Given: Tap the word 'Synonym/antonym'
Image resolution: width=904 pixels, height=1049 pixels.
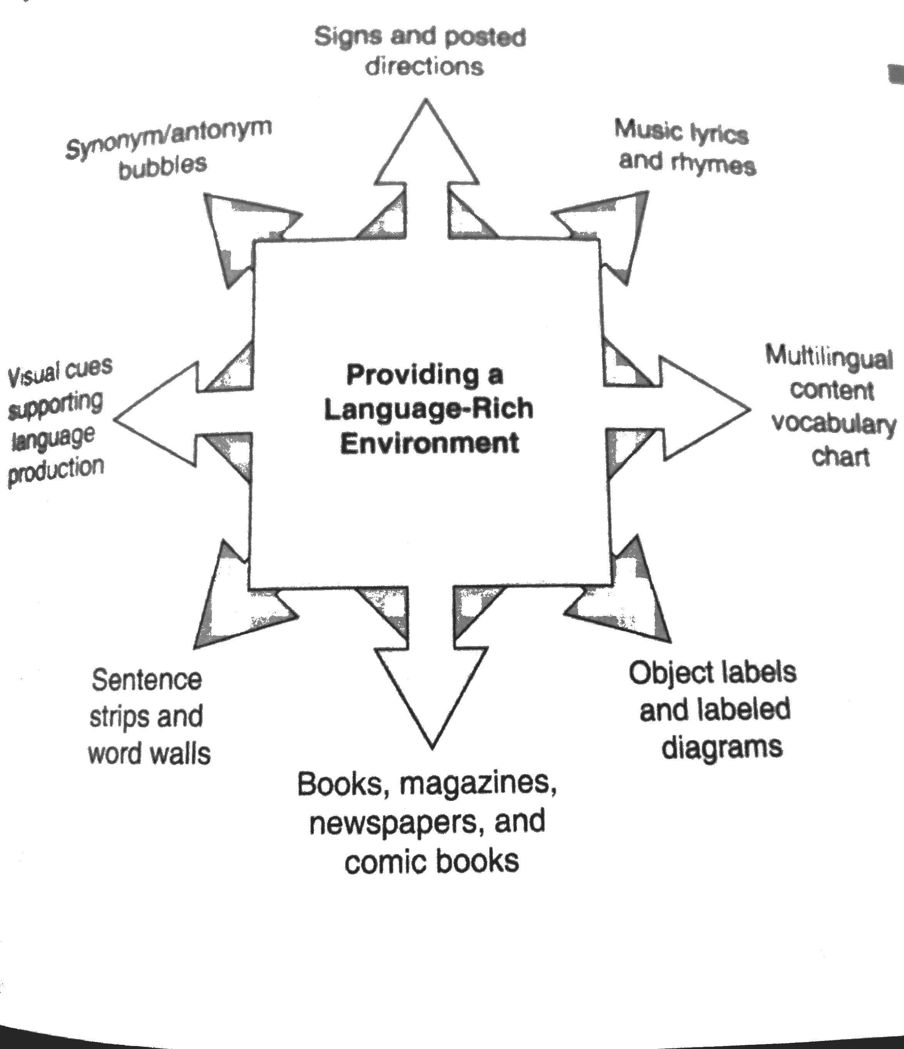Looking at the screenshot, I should click(169, 137).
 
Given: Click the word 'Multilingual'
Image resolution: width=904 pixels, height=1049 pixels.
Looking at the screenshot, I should click(829, 358).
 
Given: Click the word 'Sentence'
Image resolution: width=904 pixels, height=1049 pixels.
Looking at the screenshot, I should click(147, 680).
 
